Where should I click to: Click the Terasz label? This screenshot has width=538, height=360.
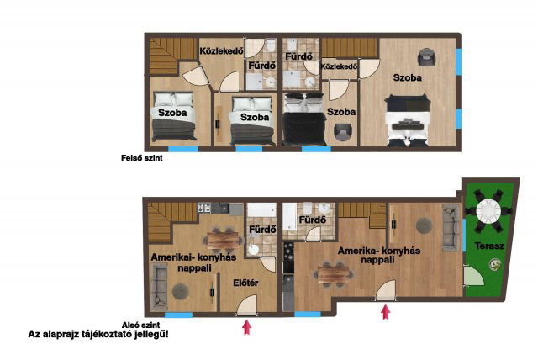pos(489,246)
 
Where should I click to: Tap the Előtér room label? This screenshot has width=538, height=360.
pos(245,283)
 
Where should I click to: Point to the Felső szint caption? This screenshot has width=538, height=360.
pos(142,158)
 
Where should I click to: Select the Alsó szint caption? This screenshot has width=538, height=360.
pos(140,325)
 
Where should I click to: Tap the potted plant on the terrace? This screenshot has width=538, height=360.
pos(494,264)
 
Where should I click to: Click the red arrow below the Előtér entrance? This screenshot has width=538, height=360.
pos(246,327)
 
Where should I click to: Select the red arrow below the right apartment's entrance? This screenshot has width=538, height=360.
pos(386,312)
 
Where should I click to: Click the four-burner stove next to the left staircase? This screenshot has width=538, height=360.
pos(203,208)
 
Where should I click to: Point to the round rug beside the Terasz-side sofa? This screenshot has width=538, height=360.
pos(424,225)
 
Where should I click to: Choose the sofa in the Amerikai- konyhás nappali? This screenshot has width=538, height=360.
pos(159,288)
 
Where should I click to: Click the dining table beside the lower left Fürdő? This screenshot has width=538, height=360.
pos(222,240)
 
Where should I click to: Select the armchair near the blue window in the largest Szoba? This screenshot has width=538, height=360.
pos(426,57)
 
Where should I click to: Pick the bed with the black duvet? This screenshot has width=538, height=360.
pos(303,119)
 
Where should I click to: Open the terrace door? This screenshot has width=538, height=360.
pos(473,276)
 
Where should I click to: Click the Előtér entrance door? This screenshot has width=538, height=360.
pos(246,305)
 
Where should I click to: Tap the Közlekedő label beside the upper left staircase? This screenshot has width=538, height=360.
pos(221,51)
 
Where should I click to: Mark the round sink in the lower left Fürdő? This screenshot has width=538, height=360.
pos(254,250)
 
